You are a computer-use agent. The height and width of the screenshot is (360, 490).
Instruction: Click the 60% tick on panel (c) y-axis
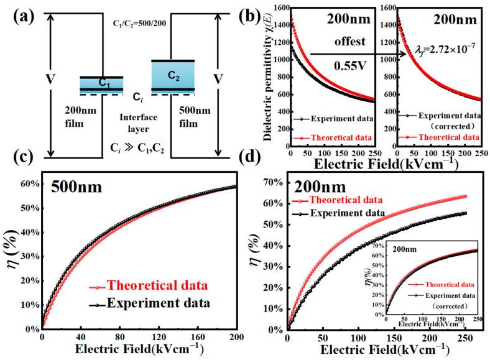click(29, 184)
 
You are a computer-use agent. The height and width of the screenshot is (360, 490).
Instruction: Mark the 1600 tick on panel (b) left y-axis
click(278, 7)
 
